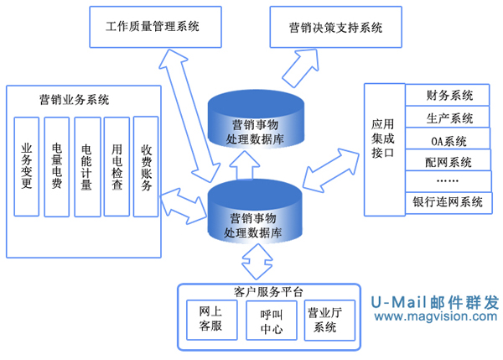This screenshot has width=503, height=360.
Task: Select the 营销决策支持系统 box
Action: tap(327, 27)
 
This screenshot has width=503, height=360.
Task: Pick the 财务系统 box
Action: tap(449, 96)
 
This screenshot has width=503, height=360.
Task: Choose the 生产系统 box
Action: tap(449, 117)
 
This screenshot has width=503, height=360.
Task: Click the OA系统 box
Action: tap(449, 139)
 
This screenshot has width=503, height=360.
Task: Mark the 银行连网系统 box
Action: tap(449, 202)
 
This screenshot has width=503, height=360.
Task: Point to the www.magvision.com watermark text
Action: tap(435, 316)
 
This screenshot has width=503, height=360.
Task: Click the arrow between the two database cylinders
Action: tap(246, 168)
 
